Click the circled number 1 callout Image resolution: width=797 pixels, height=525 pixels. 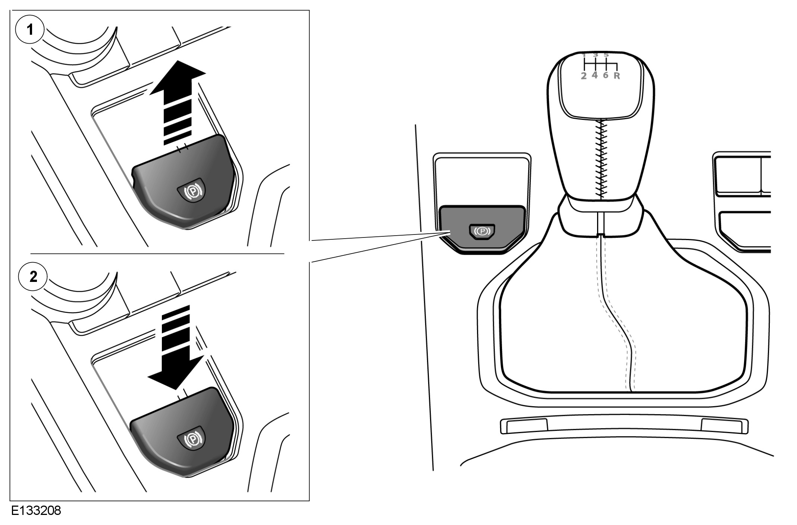pos(30,29)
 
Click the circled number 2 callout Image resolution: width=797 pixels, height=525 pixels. pos(33,277)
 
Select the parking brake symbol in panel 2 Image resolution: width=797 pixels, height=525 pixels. pos(192,437)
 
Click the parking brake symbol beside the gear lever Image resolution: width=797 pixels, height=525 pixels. pos(482,232)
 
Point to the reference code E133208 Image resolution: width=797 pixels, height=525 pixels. pos(36,511)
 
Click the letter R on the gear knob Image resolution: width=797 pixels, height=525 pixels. pos(616,76)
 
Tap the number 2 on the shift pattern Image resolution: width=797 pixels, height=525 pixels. pos(584,76)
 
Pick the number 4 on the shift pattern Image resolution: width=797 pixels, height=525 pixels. pos(595,75)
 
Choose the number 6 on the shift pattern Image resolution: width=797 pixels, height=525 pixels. pos(606,75)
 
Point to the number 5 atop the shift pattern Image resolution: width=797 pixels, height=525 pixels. pos(606,55)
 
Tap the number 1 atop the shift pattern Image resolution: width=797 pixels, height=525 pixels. pos(584,55)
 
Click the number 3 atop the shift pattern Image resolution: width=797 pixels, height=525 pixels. pos(595,55)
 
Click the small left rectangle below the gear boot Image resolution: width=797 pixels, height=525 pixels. pos(524,426)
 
